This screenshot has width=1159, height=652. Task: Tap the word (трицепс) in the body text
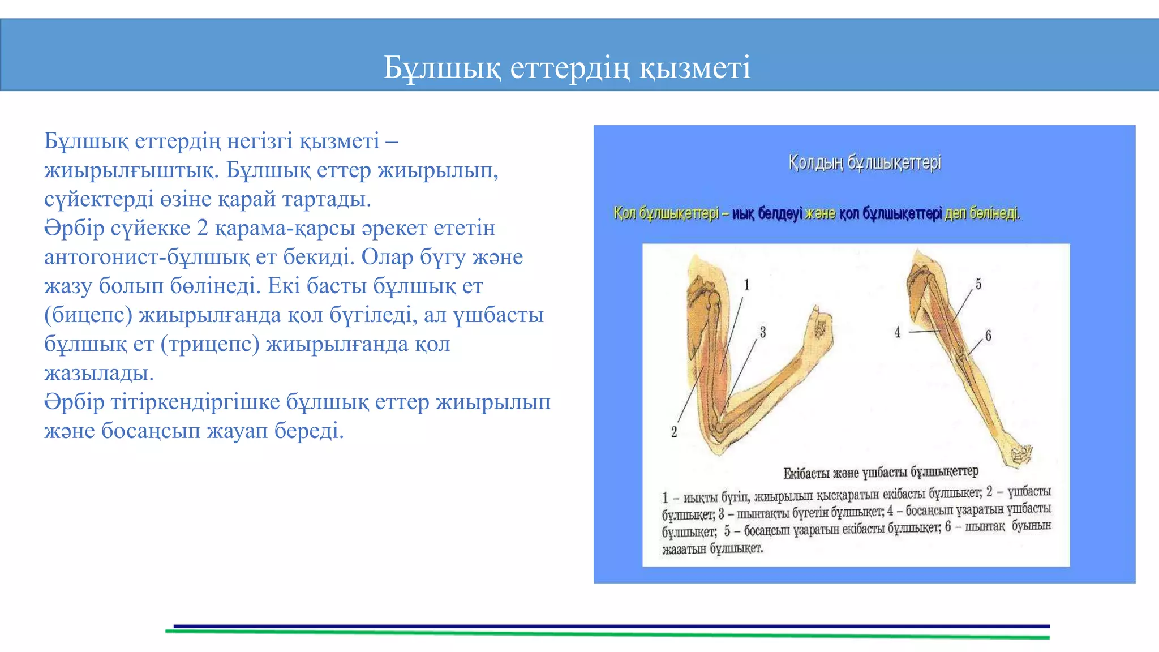pos(210,344)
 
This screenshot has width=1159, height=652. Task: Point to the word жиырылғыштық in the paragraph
pos(130,170)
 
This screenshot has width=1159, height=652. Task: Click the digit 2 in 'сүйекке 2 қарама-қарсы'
pos(202,228)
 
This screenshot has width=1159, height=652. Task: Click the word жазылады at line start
pos(99,374)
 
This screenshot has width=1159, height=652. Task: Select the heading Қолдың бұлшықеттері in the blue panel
pos(865,163)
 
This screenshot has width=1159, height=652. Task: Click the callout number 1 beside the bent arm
pos(746,285)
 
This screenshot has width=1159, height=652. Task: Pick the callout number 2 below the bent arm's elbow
pos(674,432)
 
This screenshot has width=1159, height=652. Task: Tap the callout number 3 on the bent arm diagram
pos(762,332)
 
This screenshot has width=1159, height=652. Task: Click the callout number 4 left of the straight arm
pos(897,332)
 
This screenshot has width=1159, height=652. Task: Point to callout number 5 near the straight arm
pos(978,284)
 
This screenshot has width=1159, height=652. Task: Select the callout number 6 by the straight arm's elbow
pos(988,335)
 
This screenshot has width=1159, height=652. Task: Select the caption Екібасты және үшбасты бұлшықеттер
pos(881,472)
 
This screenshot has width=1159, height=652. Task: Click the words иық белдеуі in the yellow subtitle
pos(767,214)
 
